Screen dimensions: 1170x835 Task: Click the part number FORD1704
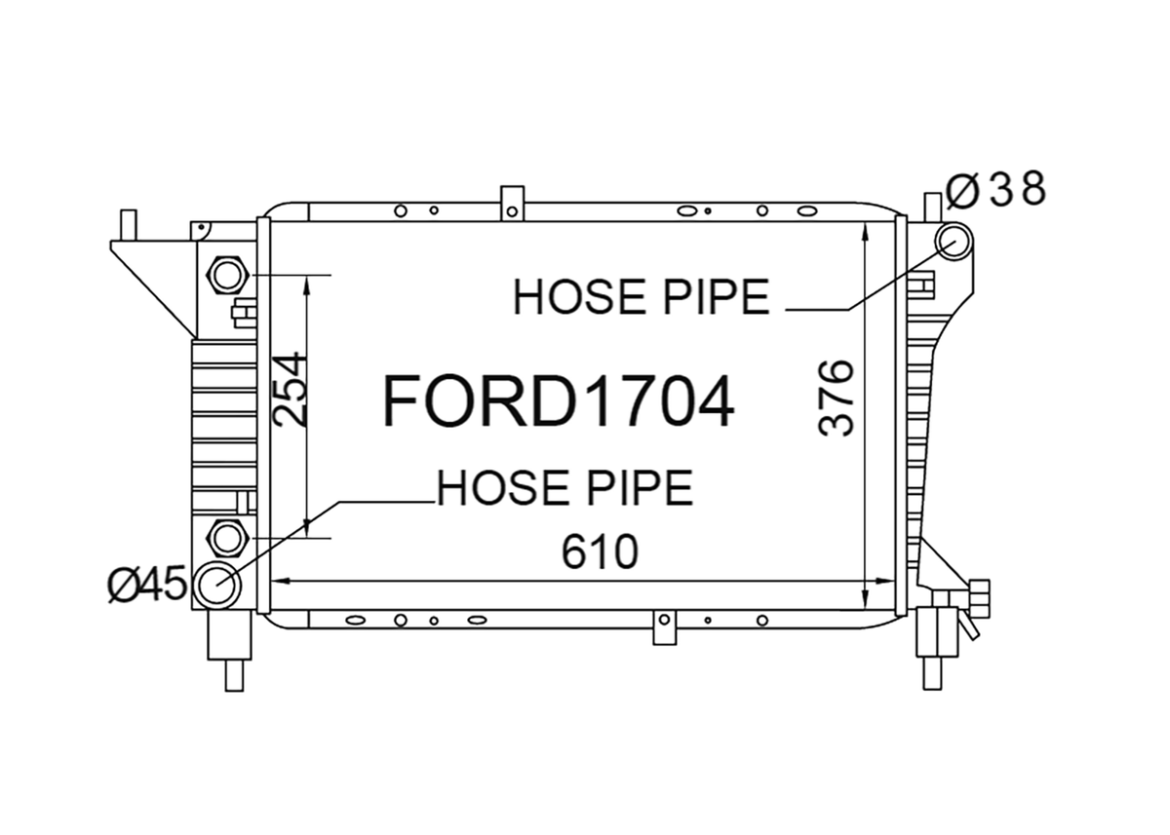[559, 401]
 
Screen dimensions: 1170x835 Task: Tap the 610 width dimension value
[600, 551]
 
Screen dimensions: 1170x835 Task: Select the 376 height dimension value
[836, 398]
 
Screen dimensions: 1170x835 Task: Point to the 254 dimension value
[288, 390]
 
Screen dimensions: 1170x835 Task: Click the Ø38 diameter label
[995, 189]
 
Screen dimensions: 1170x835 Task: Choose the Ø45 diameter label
[147, 584]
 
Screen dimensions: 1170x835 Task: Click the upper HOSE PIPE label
[641, 296]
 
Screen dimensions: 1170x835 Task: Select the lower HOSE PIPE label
[565, 487]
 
